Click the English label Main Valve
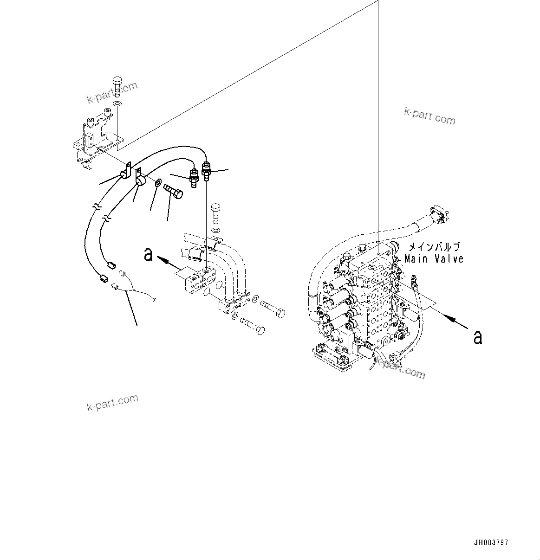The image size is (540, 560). [x=434, y=259]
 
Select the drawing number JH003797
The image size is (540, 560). [x=491, y=542]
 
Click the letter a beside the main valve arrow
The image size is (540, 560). [x=477, y=337]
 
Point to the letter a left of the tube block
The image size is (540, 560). [x=148, y=254]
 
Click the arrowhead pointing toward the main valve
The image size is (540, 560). [x=447, y=317]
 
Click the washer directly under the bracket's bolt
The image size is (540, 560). [x=117, y=103]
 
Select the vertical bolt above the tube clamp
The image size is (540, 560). [x=216, y=212]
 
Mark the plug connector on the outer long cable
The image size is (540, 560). [x=104, y=279]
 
